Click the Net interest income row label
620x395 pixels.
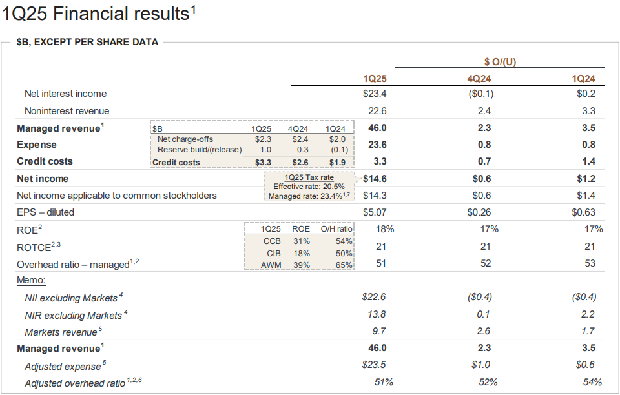point(65,94)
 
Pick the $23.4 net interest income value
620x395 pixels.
point(375,94)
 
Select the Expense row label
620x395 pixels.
point(37,145)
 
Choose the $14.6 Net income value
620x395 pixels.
point(374,179)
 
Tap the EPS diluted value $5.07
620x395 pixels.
point(375,212)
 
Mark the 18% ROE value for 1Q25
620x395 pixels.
point(385,229)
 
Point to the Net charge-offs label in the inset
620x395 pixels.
point(185,139)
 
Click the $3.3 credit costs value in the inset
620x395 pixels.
point(263,162)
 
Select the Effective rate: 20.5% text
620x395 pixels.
point(310,187)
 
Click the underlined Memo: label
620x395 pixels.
point(31,281)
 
